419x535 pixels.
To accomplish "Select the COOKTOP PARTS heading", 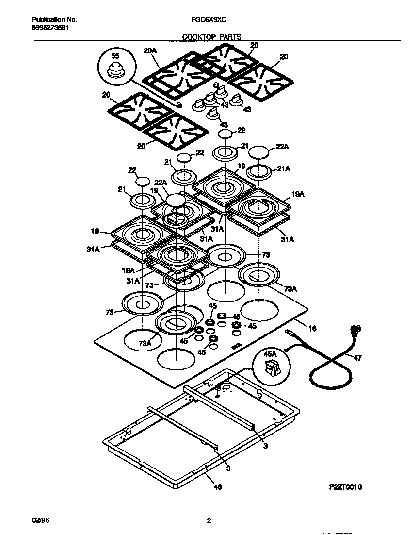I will tap(211, 36).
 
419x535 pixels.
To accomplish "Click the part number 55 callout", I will tap(115, 56).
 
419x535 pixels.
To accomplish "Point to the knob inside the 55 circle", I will tap(115, 69).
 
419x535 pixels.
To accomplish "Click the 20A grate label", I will tap(151, 50).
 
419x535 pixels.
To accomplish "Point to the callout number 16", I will tap(312, 329).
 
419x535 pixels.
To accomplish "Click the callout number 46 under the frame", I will tap(218, 487).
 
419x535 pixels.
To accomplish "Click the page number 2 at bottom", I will tap(209, 521).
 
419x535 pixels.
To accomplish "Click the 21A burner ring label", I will tap(284, 168).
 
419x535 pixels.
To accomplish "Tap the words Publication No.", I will tap(54, 20).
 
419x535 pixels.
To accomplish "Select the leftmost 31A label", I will tap(94, 249).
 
